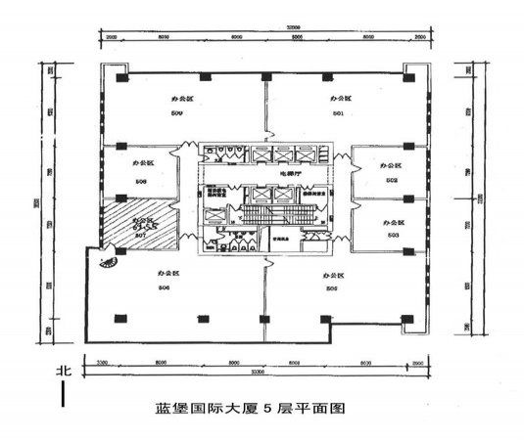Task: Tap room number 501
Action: click(338, 114)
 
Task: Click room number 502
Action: click(391, 180)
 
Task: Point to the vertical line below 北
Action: click(64, 395)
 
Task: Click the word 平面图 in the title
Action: click(326, 408)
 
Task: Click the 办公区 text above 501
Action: click(339, 100)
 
